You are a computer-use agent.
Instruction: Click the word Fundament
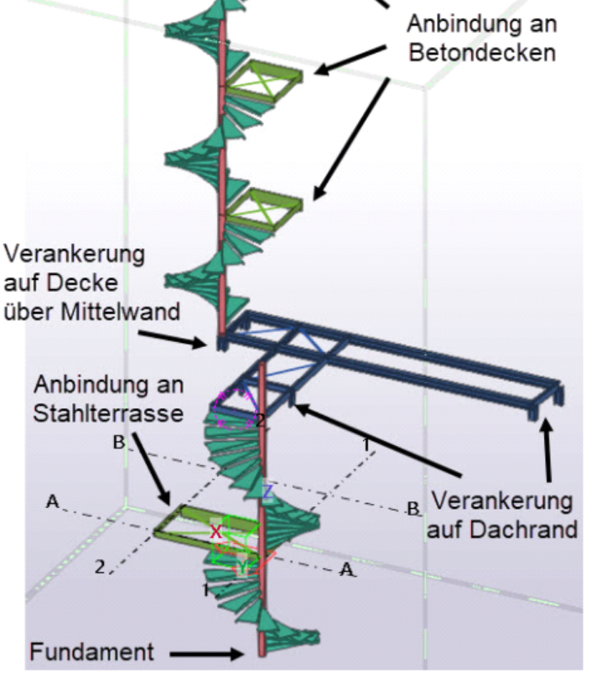[x=92, y=652]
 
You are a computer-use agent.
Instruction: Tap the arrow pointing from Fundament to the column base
[x=206, y=655]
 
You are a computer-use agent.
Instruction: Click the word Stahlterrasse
[x=108, y=413]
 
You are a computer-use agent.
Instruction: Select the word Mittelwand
[x=121, y=312]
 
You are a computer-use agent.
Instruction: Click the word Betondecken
[x=482, y=53]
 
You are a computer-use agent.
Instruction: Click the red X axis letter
[x=215, y=532]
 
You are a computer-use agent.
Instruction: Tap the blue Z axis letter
[x=267, y=492]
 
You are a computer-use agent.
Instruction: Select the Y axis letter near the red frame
[x=242, y=567]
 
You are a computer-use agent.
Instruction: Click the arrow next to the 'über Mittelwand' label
[x=173, y=339]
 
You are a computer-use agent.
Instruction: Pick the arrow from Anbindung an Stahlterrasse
[x=151, y=469]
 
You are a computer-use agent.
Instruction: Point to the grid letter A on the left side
[x=52, y=501]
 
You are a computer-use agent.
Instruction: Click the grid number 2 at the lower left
[x=100, y=567]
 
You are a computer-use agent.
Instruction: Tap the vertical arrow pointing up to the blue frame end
[x=547, y=450]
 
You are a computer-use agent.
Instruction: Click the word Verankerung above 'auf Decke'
[x=75, y=255]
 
